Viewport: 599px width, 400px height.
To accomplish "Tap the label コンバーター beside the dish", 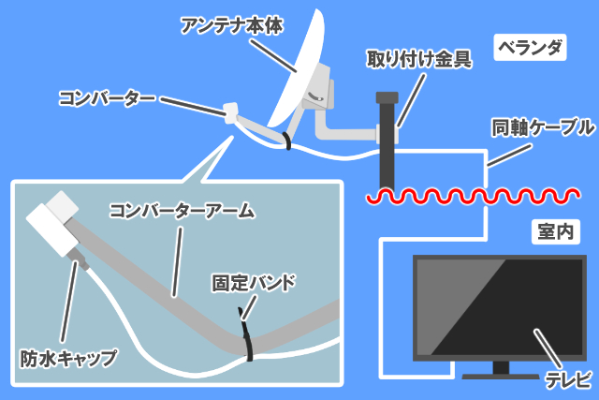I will coord(103,96).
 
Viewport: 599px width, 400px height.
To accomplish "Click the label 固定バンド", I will coord(255,281).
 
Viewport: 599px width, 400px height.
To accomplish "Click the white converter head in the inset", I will coord(52,225).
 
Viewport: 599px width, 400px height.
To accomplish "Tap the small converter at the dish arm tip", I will coord(228,110).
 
